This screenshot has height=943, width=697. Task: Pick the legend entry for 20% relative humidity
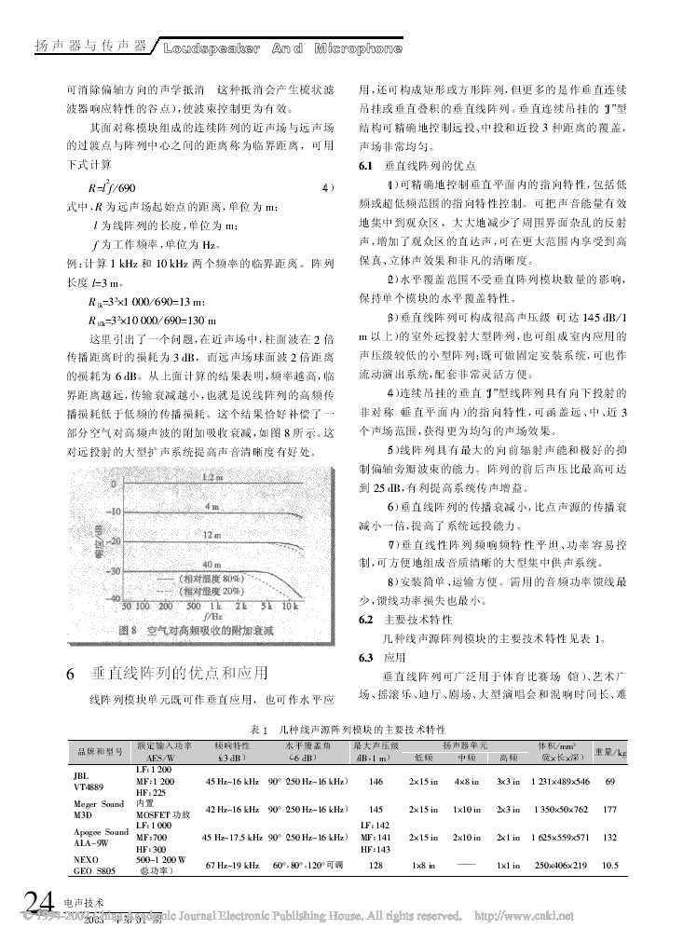click(x=206, y=591)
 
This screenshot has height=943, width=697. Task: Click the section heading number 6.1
click(x=366, y=163)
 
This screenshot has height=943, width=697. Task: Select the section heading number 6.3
click(x=366, y=656)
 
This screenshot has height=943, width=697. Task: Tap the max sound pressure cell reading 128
click(x=376, y=866)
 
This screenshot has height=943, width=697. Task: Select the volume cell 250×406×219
click(x=560, y=866)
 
